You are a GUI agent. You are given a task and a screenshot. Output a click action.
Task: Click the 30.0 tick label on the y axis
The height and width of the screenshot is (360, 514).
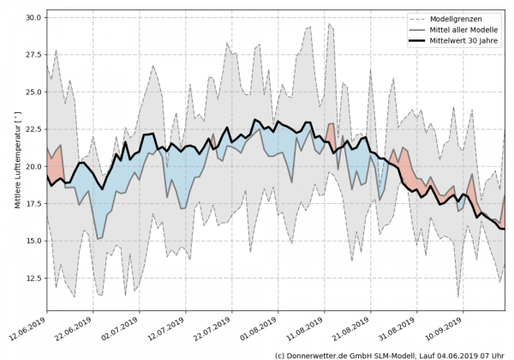click(x=33, y=17)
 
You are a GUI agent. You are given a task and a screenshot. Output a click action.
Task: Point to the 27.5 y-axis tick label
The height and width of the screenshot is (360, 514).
click(x=33, y=54)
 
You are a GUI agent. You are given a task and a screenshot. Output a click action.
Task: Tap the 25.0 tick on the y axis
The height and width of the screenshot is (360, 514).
click(x=33, y=92)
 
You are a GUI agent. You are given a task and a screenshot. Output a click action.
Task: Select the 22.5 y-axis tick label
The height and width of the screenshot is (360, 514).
click(x=33, y=129)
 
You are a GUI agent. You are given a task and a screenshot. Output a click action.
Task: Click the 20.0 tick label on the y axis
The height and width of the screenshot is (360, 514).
click(x=33, y=166)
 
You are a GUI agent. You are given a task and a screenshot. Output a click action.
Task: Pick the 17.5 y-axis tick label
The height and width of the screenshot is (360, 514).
click(x=33, y=203)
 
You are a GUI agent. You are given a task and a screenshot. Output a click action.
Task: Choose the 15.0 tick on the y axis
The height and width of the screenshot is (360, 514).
click(x=33, y=241)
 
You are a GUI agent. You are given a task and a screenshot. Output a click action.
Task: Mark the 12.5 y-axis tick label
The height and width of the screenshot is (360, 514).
click(x=33, y=278)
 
